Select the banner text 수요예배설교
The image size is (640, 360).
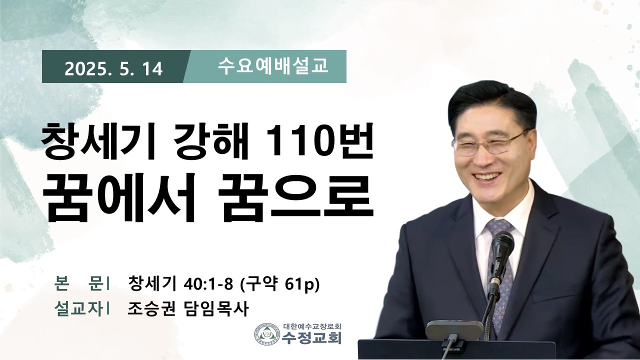[273, 66]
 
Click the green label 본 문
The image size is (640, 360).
[78, 283]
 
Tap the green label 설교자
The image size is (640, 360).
[78, 309]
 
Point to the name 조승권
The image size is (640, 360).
[151, 308]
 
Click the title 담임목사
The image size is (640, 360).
[215, 308]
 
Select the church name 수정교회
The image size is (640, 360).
[311, 338]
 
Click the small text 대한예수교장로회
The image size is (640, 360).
[312, 326]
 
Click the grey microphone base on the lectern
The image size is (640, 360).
[455, 329]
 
